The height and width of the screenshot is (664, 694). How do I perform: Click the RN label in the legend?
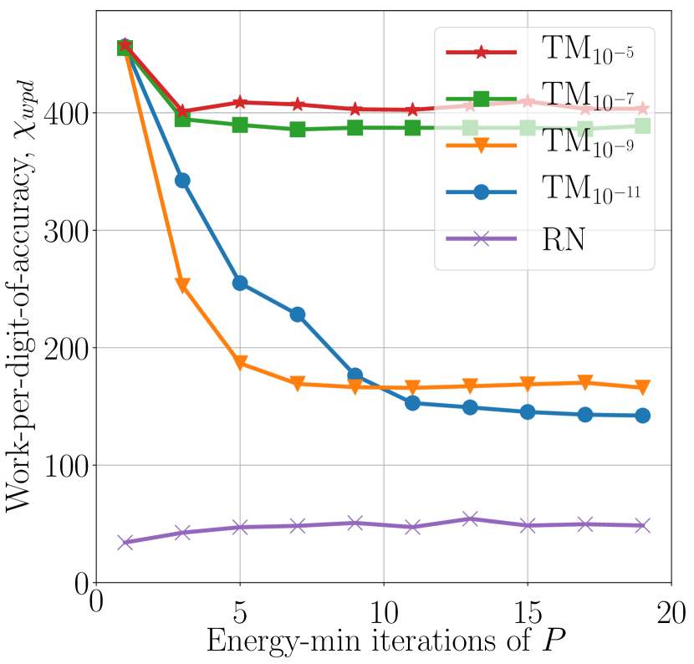click(x=564, y=240)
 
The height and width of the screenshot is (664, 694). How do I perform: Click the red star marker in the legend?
click(x=481, y=53)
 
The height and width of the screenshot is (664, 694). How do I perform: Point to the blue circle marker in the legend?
click(x=481, y=192)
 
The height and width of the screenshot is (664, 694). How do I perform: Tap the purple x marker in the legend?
click(x=481, y=239)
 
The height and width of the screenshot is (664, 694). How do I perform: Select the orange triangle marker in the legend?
click(x=481, y=146)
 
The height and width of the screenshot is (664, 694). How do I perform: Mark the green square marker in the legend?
click(x=481, y=99)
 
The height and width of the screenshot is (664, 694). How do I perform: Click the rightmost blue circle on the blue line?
click(x=642, y=416)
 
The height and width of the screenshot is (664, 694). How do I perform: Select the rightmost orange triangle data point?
click(x=642, y=387)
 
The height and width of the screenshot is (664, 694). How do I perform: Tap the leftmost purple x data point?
click(x=125, y=542)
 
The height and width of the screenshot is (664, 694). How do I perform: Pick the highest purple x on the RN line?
click(x=470, y=518)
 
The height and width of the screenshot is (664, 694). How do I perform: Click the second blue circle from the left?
click(x=182, y=181)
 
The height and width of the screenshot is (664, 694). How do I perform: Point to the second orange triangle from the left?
click(x=182, y=286)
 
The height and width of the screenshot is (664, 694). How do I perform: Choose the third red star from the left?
click(x=240, y=102)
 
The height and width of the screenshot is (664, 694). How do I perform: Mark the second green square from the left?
click(x=182, y=120)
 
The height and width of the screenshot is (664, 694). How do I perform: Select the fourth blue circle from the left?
click(x=298, y=314)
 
